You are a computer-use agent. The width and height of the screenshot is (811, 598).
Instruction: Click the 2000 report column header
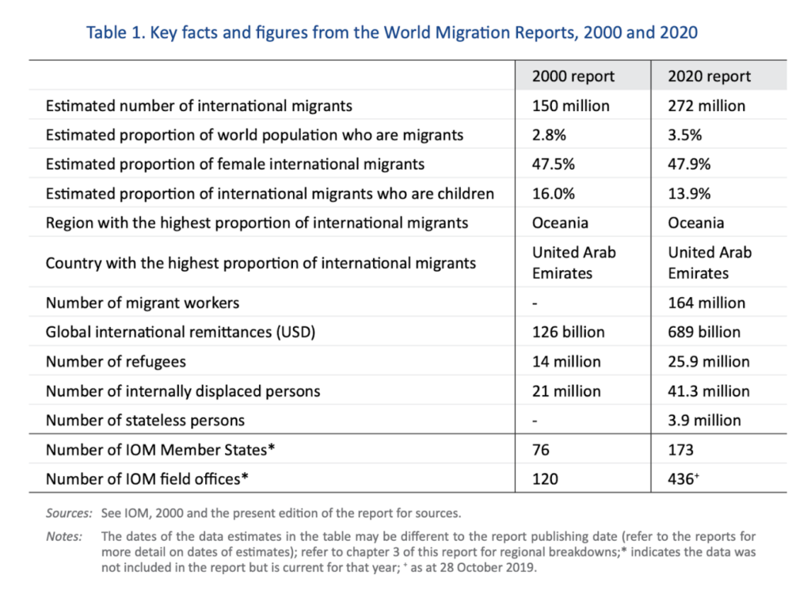pyautogui.click(x=573, y=76)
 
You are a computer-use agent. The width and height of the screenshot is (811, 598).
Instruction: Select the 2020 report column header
pyautogui.click(x=709, y=76)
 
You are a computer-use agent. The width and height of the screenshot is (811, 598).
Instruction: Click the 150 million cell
pyautogui.click(x=570, y=105)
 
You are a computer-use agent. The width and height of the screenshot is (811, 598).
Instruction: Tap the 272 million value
pyautogui.click(x=706, y=105)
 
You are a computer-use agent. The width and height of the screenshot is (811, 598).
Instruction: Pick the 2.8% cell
pyautogui.click(x=549, y=135)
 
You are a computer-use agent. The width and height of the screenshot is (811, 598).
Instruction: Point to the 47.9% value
pyautogui.click(x=689, y=164)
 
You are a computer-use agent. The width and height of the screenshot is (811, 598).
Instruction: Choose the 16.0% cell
pyautogui.click(x=554, y=193)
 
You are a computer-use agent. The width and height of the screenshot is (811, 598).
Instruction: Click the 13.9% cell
pyautogui.click(x=689, y=193)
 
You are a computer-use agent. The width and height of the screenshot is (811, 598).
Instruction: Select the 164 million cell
pyautogui.click(x=706, y=303)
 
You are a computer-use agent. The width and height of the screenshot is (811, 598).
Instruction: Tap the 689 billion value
pyautogui.click(x=704, y=332)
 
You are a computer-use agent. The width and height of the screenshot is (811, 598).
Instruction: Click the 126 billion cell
pyautogui.click(x=569, y=332)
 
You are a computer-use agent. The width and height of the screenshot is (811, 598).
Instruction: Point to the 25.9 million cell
pyautogui.click(x=709, y=362)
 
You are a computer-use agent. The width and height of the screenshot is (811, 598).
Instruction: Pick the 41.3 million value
pyautogui.click(x=709, y=391)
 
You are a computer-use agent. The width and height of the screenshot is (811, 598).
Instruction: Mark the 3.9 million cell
pyautogui.click(x=704, y=420)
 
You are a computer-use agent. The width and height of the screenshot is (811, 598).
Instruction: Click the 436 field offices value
pyautogui.click(x=683, y=479)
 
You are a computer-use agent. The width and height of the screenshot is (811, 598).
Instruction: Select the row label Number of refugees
pyautogui.click(x=116, y=362)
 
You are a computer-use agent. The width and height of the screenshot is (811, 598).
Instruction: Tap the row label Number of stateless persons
pyautogui.click(x=146, y=421)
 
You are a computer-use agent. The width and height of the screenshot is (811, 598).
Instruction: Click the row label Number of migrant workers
pyautogui.click(x=143, y=303)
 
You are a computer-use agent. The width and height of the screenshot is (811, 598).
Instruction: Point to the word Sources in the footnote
pyautogui.click(x=69, y=513)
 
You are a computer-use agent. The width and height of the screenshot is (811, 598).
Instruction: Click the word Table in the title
pyautogui.click(x=107, y=32)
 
